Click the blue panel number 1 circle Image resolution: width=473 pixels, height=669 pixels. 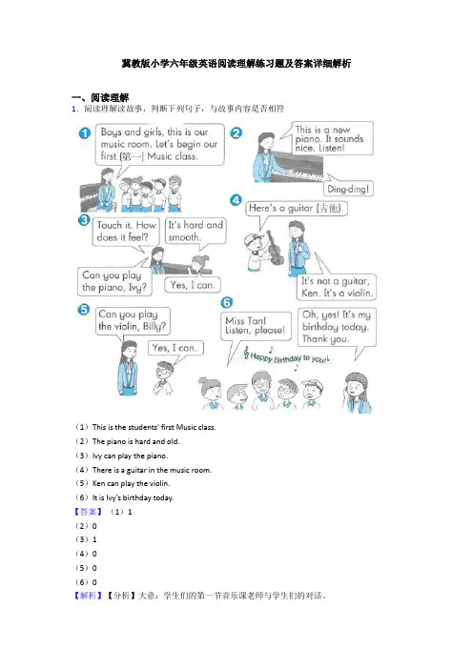(85, 133)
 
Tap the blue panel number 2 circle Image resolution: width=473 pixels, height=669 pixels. (236, 132)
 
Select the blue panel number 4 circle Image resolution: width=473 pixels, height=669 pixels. (236, 200)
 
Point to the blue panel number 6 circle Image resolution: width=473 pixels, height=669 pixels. (227, 302)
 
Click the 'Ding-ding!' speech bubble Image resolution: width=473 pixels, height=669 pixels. (348, 188)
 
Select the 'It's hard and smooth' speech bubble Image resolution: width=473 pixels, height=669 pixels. (195, 231)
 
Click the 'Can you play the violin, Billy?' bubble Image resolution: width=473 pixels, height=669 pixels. (133, 321)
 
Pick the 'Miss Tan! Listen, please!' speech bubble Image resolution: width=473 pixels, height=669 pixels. (256, 326)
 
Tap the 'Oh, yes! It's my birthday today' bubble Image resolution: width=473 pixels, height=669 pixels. (337, 327)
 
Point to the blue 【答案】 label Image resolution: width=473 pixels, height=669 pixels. (88, 512)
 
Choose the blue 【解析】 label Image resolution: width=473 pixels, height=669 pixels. (88, 596)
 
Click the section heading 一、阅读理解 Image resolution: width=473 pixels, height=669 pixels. (100, 98)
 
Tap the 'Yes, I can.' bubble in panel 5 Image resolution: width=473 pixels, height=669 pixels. (175, 348)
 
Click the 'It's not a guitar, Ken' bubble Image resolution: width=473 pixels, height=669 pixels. (337, 287)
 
